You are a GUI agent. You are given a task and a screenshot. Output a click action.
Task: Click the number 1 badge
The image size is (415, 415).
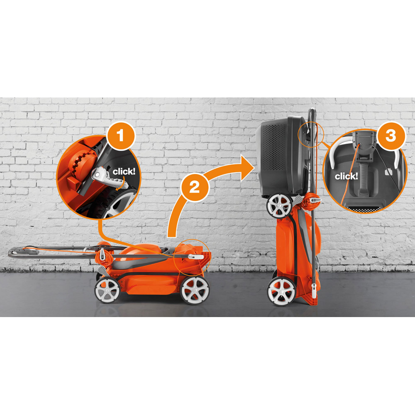tap(121, 136)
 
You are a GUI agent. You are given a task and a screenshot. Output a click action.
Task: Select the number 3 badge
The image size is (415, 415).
tap(391, 136)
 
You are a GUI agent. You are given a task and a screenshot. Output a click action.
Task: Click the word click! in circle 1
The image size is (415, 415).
tap(124, 171)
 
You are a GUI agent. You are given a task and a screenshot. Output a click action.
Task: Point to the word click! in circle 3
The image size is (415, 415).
tap(346, 176)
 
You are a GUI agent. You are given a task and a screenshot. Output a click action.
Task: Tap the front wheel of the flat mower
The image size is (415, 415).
tap(195, 290)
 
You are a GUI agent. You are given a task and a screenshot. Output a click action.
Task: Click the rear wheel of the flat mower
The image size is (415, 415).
tap(107, 290)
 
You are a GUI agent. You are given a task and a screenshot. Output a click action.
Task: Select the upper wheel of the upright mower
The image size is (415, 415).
tap(279, 206)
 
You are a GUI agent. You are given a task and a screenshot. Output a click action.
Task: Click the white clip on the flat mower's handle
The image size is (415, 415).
tap(195, 256)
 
